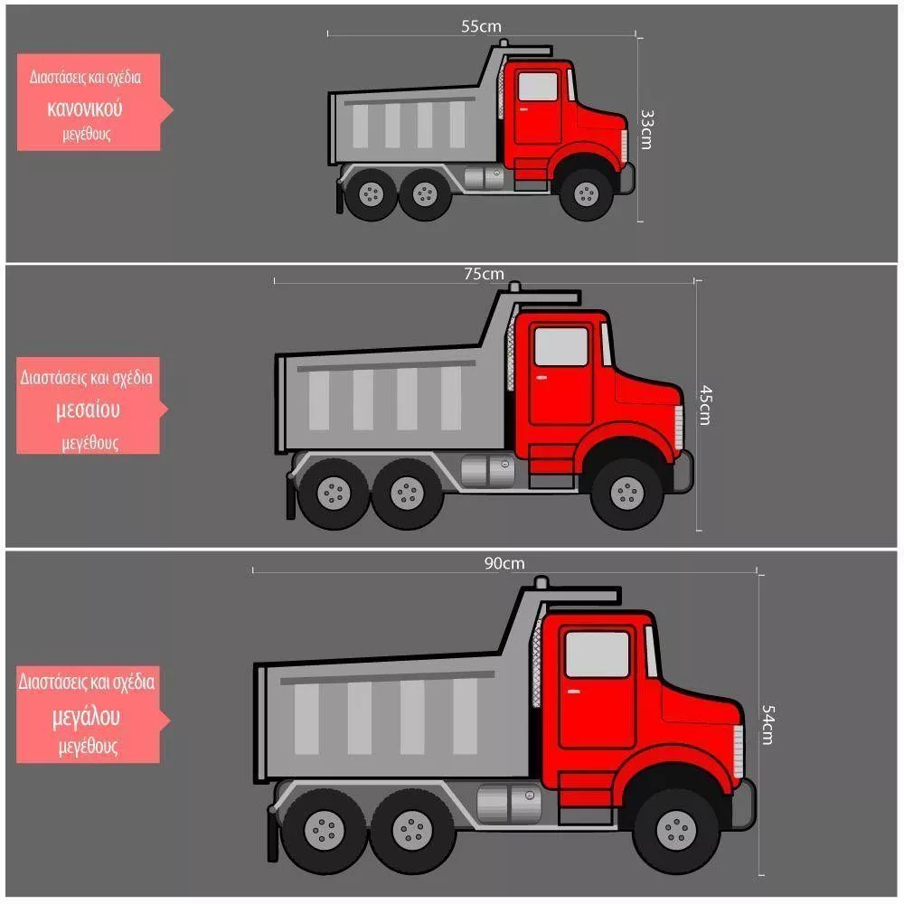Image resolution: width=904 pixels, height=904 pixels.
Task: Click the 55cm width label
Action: [481, 26]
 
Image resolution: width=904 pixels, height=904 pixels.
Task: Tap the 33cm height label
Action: [647, 129]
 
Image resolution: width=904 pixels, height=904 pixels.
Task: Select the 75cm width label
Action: [484, 274]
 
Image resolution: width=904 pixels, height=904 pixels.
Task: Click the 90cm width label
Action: [504, 563]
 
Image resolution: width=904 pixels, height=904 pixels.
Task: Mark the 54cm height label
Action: [767, 725]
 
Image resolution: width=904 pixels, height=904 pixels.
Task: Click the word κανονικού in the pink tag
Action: [85, 109]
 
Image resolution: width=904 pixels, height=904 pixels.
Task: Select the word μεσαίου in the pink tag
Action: [88, 410]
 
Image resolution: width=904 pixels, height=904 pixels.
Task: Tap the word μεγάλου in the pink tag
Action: [86, 717]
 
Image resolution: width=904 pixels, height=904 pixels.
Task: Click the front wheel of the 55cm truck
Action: [587, 193]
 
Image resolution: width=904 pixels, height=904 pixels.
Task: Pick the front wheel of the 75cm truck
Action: [626, 494]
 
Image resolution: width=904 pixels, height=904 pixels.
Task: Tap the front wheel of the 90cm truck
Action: [676, 830]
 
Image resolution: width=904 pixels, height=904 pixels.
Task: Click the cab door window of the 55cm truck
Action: [538, 87]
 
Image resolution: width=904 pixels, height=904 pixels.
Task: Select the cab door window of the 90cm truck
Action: [598, 654]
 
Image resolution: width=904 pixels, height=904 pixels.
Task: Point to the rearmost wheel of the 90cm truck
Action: [324, 830]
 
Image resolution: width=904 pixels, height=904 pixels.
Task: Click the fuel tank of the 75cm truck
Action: [488, 470]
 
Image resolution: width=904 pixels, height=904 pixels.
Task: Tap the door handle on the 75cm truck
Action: [541, 378]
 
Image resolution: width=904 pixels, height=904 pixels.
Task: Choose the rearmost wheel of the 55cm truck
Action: [372, 193]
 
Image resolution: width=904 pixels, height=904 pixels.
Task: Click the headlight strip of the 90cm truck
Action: [738, 751]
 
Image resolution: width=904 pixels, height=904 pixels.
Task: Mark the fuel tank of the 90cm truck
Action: [509, 804]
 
